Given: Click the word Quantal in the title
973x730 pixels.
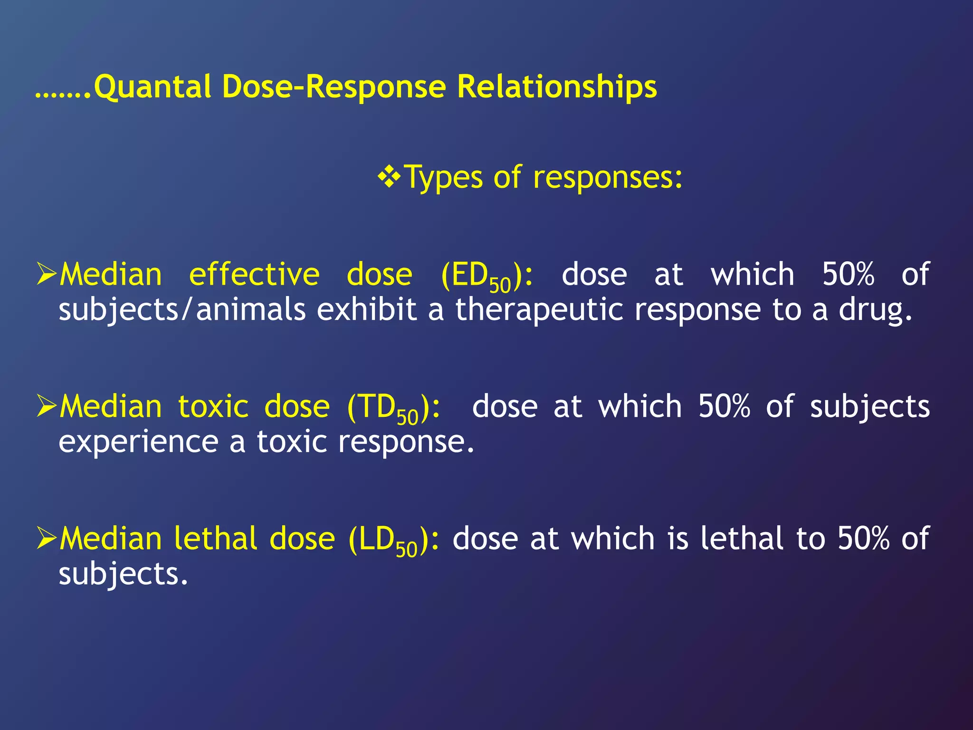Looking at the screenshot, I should click(x=153, y=87).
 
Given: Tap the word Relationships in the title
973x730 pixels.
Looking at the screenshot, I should click(x=557, y=87).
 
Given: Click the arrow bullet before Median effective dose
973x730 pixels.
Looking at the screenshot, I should click(x=47, y=275).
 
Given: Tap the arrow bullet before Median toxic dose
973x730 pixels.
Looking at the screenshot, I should click(x=47, y=407).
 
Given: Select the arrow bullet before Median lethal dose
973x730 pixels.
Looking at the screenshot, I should click(x=47, y=538).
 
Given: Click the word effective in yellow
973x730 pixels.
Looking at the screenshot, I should click(x=254, y=275).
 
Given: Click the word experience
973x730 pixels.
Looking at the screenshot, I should click(x=138, y=442).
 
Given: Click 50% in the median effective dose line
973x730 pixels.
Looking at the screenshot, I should click(x=848, y=275).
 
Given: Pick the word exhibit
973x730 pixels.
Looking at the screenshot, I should click(x=367, y=309).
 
